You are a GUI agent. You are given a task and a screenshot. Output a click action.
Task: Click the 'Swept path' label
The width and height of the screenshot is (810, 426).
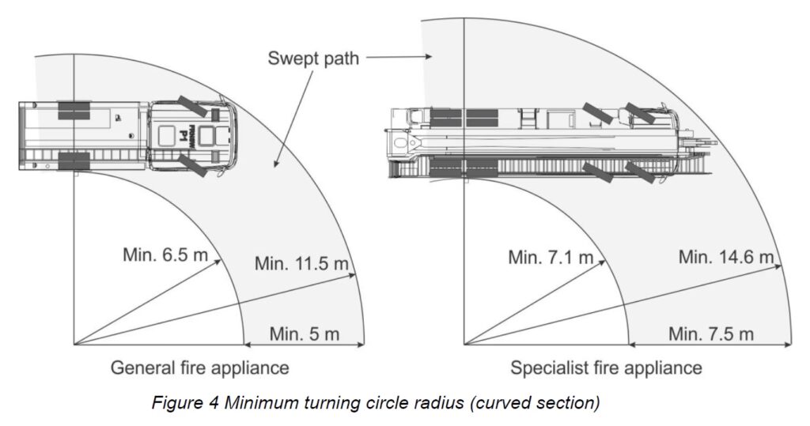point(313,58)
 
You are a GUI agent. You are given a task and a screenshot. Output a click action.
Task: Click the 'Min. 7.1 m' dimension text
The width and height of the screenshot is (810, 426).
point(551,257)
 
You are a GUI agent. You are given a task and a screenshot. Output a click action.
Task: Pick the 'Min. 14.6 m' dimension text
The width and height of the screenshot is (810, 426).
point(725,257)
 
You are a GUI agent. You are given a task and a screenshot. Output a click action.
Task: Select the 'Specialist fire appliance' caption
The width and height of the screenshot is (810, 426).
point(606,368)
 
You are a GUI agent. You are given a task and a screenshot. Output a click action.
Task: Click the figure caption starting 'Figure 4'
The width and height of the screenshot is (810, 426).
point(376,402)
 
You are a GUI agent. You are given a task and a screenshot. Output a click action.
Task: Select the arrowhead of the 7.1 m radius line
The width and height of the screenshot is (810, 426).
point(604,259)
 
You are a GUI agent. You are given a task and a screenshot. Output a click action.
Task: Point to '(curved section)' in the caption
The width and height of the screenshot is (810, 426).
point(535,402)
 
